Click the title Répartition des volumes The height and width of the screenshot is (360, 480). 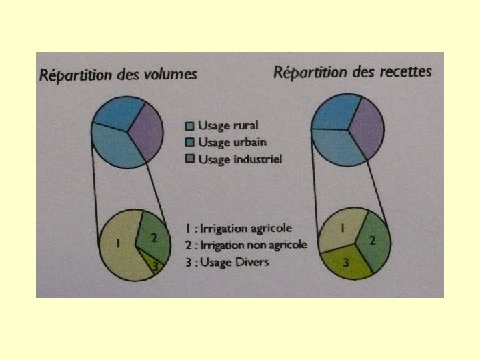(119, 74)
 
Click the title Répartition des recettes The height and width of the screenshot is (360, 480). (353, 71)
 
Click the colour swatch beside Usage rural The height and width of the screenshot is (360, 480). (189, 125)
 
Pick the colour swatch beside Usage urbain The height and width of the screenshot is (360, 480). (189, 142)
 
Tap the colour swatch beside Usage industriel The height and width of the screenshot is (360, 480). (189, 159)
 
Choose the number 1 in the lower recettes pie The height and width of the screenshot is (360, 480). (342, 228)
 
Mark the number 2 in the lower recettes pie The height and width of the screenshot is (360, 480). (372, 240)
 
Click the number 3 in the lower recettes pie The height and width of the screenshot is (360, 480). (345, 263)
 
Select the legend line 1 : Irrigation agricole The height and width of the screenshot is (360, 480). (239, 229)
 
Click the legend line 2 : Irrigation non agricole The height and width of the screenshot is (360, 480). (247, 245)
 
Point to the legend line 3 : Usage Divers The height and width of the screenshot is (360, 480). (227, 262)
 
